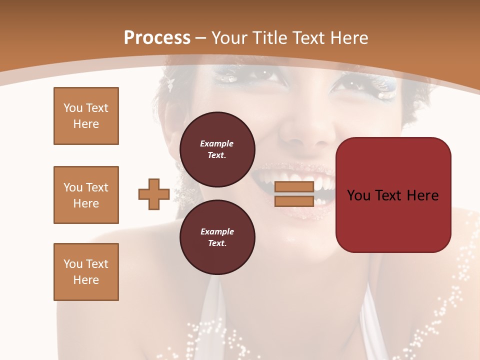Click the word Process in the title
157,38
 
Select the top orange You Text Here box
86,116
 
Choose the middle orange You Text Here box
86,195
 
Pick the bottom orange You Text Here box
86,272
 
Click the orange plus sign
154,194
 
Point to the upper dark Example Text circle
217,149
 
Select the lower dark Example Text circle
217,237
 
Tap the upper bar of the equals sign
294,186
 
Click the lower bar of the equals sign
294,201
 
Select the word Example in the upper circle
217,143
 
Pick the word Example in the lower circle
217,231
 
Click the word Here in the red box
422,195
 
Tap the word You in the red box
359,195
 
